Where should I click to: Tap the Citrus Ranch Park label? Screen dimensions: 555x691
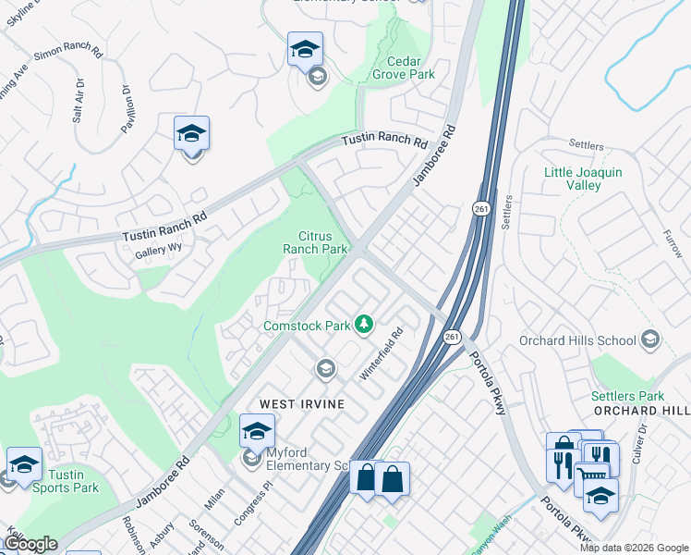(315, 242)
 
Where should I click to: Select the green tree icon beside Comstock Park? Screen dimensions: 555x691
(366, 324)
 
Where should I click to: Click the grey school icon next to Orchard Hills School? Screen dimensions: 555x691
(649, 339)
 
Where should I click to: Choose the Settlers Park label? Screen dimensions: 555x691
(628, 396)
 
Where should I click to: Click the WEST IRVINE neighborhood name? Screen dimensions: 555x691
(301, 404)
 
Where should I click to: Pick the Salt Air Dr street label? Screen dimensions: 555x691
(79, 101)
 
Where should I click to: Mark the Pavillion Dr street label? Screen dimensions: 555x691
(127, 108)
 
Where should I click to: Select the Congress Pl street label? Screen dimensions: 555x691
(253, 503)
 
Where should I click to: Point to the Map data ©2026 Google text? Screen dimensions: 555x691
(634, 548)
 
